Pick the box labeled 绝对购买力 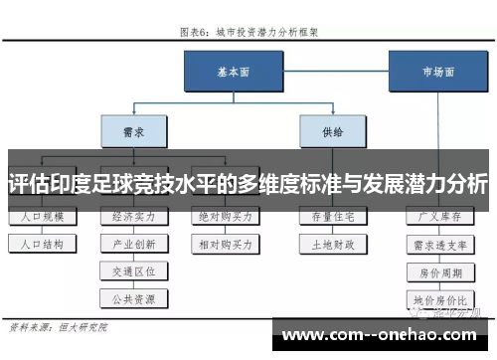[225, 216]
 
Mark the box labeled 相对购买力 [225, 243]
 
